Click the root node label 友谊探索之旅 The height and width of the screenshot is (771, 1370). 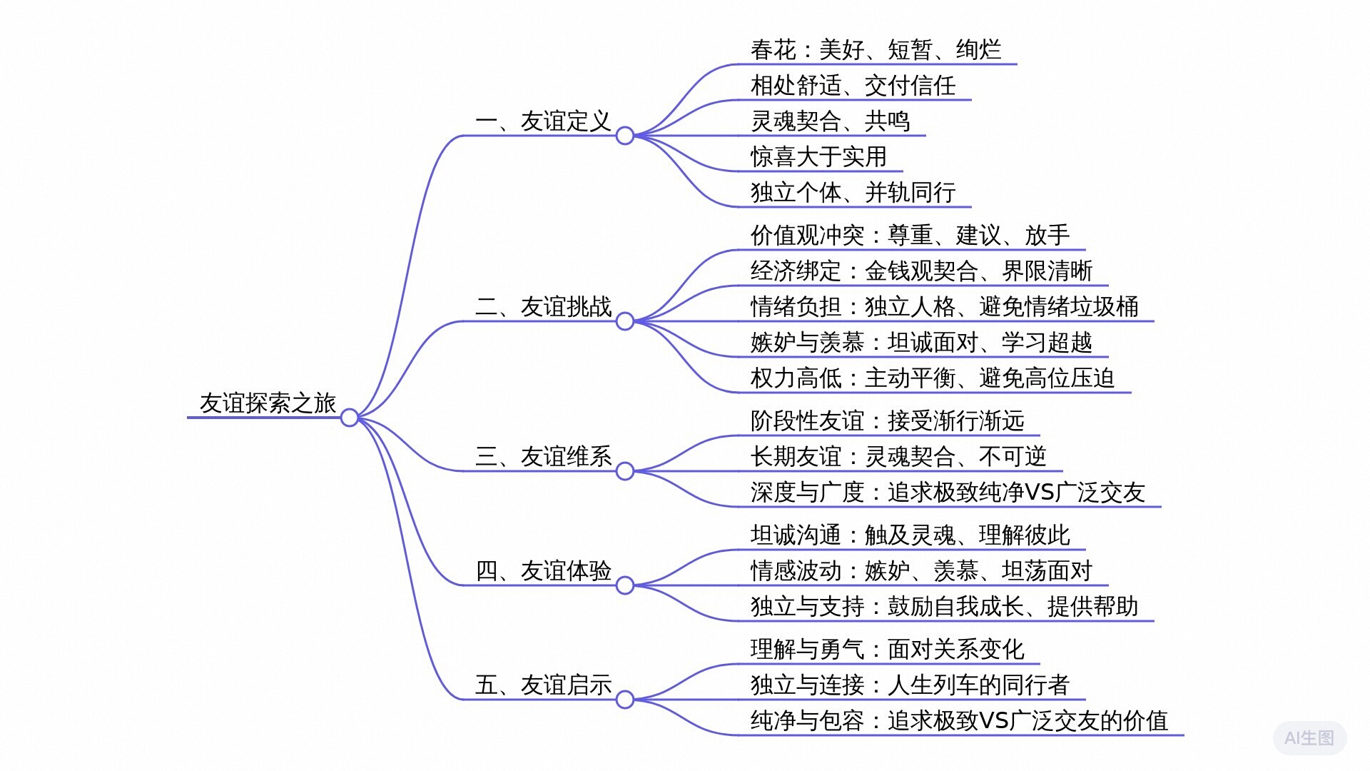268,403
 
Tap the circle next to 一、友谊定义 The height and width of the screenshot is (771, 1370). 624,136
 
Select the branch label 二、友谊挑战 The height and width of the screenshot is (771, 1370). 544,307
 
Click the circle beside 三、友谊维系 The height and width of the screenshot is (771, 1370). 624,471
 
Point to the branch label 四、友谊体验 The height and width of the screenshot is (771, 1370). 544,571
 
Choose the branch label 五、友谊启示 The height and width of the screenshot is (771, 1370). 544,685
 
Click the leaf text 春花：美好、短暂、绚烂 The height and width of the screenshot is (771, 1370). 876,50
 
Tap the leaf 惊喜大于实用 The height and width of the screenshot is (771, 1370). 818,157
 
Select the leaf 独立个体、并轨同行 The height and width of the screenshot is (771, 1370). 853,193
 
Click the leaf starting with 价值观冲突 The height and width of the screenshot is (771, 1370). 910,236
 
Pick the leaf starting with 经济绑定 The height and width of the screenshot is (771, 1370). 921,271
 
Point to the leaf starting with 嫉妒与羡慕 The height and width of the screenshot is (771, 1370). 921,343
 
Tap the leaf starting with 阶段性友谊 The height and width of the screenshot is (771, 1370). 887,421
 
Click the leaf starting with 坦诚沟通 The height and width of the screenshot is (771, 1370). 910,535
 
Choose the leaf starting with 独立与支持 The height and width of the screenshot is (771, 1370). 944,607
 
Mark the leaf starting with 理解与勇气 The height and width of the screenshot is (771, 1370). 887,650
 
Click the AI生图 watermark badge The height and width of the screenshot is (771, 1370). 1309,738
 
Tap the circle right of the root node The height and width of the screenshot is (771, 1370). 349,418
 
